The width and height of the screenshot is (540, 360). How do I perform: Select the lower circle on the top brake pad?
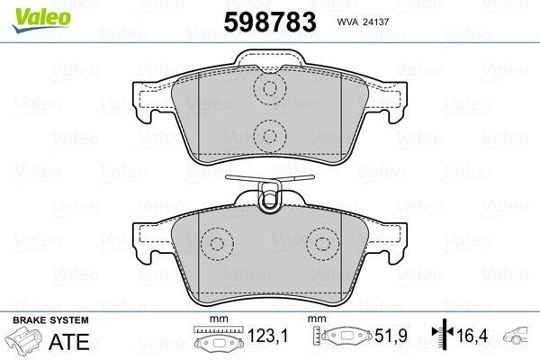coord(267,136)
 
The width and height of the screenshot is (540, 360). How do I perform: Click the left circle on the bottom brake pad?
coord(216,243)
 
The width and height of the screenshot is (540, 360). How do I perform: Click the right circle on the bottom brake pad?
coord(321,243)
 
